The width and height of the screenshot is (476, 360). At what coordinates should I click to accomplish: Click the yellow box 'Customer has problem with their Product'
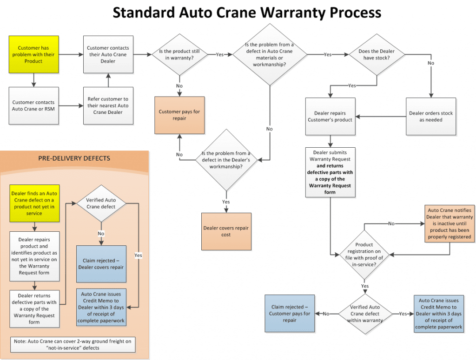coord(33,55)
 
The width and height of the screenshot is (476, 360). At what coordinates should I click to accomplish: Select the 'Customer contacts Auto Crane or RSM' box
coord(33,105)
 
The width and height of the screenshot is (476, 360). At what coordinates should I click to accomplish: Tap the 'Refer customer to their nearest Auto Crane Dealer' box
coord(108,105)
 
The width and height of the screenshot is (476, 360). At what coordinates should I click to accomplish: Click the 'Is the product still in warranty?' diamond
coord(180,55)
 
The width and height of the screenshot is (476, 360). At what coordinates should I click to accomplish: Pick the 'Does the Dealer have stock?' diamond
coord(377,55)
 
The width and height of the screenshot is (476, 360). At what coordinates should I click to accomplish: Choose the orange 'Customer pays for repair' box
coord(179,115)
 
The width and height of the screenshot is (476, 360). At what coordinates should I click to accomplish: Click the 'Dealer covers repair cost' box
coord(226,231)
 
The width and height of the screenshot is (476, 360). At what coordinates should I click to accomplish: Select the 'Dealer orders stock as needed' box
coord(431,117)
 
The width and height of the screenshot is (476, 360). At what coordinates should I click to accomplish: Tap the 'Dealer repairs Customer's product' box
coord(331,117)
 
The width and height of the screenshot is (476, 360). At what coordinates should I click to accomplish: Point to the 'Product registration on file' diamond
coord(364,255)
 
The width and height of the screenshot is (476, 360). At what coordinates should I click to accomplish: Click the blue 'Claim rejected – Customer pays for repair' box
coord(290,314)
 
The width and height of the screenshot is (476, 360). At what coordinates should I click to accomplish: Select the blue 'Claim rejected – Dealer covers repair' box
coord(101,264)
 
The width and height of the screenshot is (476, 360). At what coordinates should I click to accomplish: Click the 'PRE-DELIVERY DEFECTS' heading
coord(74,158)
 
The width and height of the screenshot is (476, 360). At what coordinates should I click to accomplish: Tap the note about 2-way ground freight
coord(73,345)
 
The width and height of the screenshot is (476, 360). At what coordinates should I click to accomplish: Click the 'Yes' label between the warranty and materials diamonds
coord(220,55)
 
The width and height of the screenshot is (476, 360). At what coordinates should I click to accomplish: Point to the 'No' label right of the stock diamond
coord(431,63)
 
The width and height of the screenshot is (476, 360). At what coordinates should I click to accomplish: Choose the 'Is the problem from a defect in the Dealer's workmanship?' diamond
coord(226,160)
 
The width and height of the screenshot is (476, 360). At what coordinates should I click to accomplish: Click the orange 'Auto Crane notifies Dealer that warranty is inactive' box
coord(450,223)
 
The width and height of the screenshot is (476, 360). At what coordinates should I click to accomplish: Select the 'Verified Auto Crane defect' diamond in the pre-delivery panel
coord(101,203)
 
